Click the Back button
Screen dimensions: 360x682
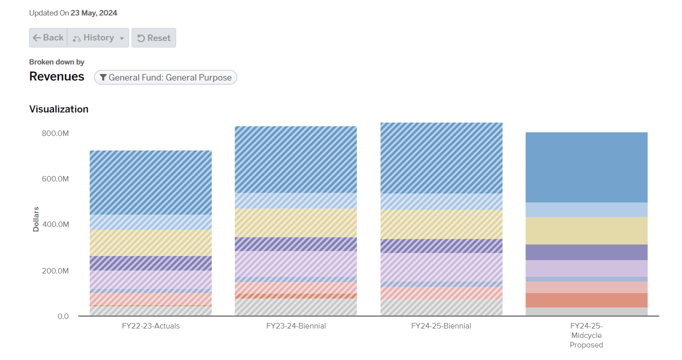48,38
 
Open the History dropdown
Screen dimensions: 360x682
98,38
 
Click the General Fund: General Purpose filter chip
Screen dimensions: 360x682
165,77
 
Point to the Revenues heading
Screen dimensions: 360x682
57,76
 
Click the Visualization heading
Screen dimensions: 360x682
59,109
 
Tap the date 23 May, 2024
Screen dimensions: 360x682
94,13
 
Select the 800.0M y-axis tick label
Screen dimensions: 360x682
56,133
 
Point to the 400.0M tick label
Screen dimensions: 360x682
56,224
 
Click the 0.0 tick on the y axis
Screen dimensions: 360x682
63,316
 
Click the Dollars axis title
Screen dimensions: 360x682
36,219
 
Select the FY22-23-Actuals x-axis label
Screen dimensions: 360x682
151,326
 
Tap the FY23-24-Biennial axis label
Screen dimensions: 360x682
296,326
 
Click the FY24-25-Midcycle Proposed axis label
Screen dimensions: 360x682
586,335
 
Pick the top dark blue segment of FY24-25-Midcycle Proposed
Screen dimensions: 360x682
586,167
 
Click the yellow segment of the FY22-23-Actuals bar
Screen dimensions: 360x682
151,243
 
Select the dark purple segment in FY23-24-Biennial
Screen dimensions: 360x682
296,244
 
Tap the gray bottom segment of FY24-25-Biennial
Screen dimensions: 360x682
441,307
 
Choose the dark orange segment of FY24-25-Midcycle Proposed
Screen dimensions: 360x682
586,300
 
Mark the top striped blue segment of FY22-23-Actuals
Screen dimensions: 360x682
151,182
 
